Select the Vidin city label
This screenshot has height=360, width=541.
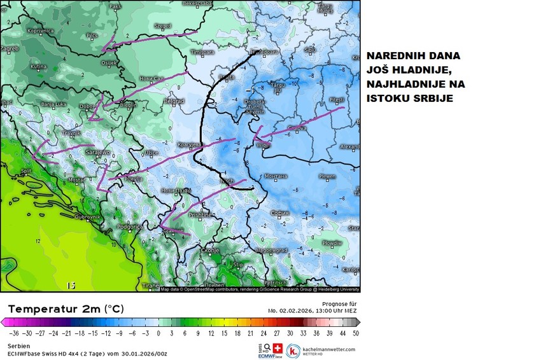click(x=263, y=145)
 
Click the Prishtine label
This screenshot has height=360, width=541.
click(x=199, y=216)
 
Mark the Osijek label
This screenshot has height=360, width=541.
click(x=109, y=62)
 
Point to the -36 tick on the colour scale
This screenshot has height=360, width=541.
click(x=13, y=333)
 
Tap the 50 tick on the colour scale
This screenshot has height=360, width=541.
click(x=355, y=333)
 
